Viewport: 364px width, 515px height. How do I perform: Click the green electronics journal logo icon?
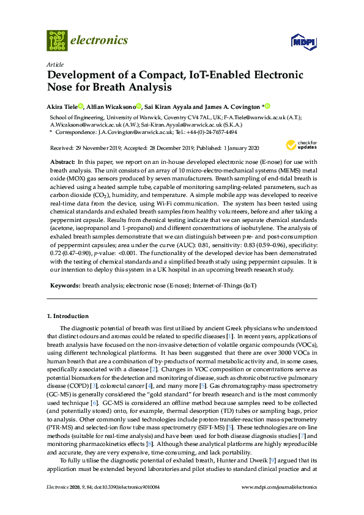tap(56, 40)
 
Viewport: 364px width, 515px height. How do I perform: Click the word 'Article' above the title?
tap(55, 64)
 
